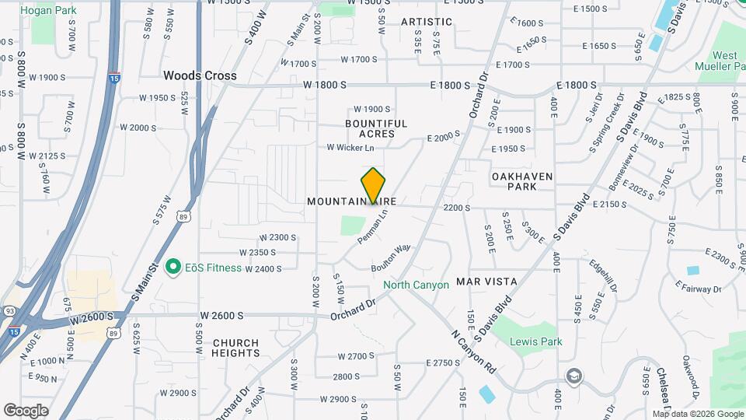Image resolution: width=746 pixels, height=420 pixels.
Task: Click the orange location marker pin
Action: pos(373,185)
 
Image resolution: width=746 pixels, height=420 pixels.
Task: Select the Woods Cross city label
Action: pos(200,75)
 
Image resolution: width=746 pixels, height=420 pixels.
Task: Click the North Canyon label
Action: pos(416,285)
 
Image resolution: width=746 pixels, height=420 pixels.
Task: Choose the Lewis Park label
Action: pos(535,341)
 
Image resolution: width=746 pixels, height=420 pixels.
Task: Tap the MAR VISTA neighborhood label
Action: pos(486,280)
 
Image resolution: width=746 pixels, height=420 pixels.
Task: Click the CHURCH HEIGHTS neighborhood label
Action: pos(235,348)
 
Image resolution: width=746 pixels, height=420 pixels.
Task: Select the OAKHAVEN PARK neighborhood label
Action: pos(522,182)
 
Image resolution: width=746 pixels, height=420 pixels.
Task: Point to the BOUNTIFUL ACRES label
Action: pos(376,128)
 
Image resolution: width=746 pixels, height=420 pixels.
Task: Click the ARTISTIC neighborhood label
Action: pos(427,22)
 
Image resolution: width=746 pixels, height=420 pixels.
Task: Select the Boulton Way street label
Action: pos(391,257)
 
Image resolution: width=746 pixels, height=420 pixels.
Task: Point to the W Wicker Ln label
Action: pos(350,147)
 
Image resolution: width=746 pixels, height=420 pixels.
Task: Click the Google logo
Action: pos(26,410)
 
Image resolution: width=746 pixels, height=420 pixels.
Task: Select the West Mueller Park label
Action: pos(725,61)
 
